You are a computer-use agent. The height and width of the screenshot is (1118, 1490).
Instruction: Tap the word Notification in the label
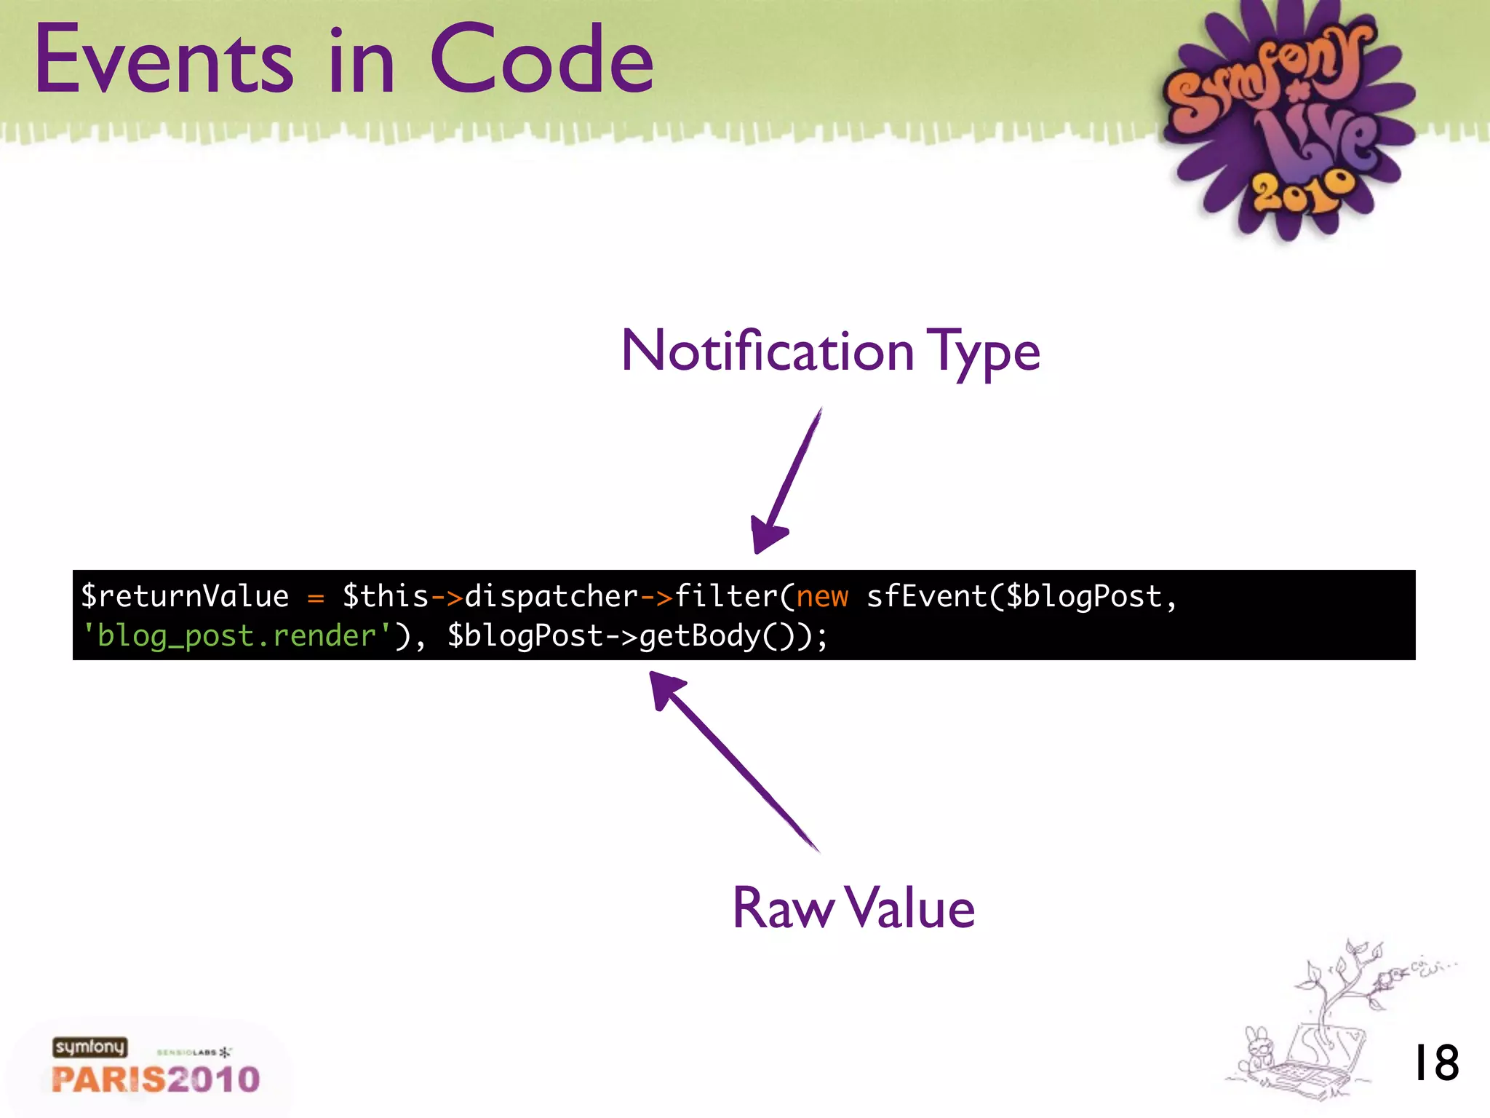(x=767, y=352)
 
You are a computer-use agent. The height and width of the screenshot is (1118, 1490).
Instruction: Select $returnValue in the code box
(x=185, y=596)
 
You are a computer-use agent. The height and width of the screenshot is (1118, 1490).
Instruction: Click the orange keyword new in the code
(x=822, y=596)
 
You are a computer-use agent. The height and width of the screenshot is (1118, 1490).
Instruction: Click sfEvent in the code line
(x=926, y=596)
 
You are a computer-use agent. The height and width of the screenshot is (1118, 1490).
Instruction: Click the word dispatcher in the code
(x=551, y=596)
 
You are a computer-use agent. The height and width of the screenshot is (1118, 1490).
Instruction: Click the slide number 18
(x=1435, y=1063)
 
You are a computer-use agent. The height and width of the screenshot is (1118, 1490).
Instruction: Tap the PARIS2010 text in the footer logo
(x=156, y=1079)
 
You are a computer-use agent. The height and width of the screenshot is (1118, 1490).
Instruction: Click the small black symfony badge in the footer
(x=89, y=1047)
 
